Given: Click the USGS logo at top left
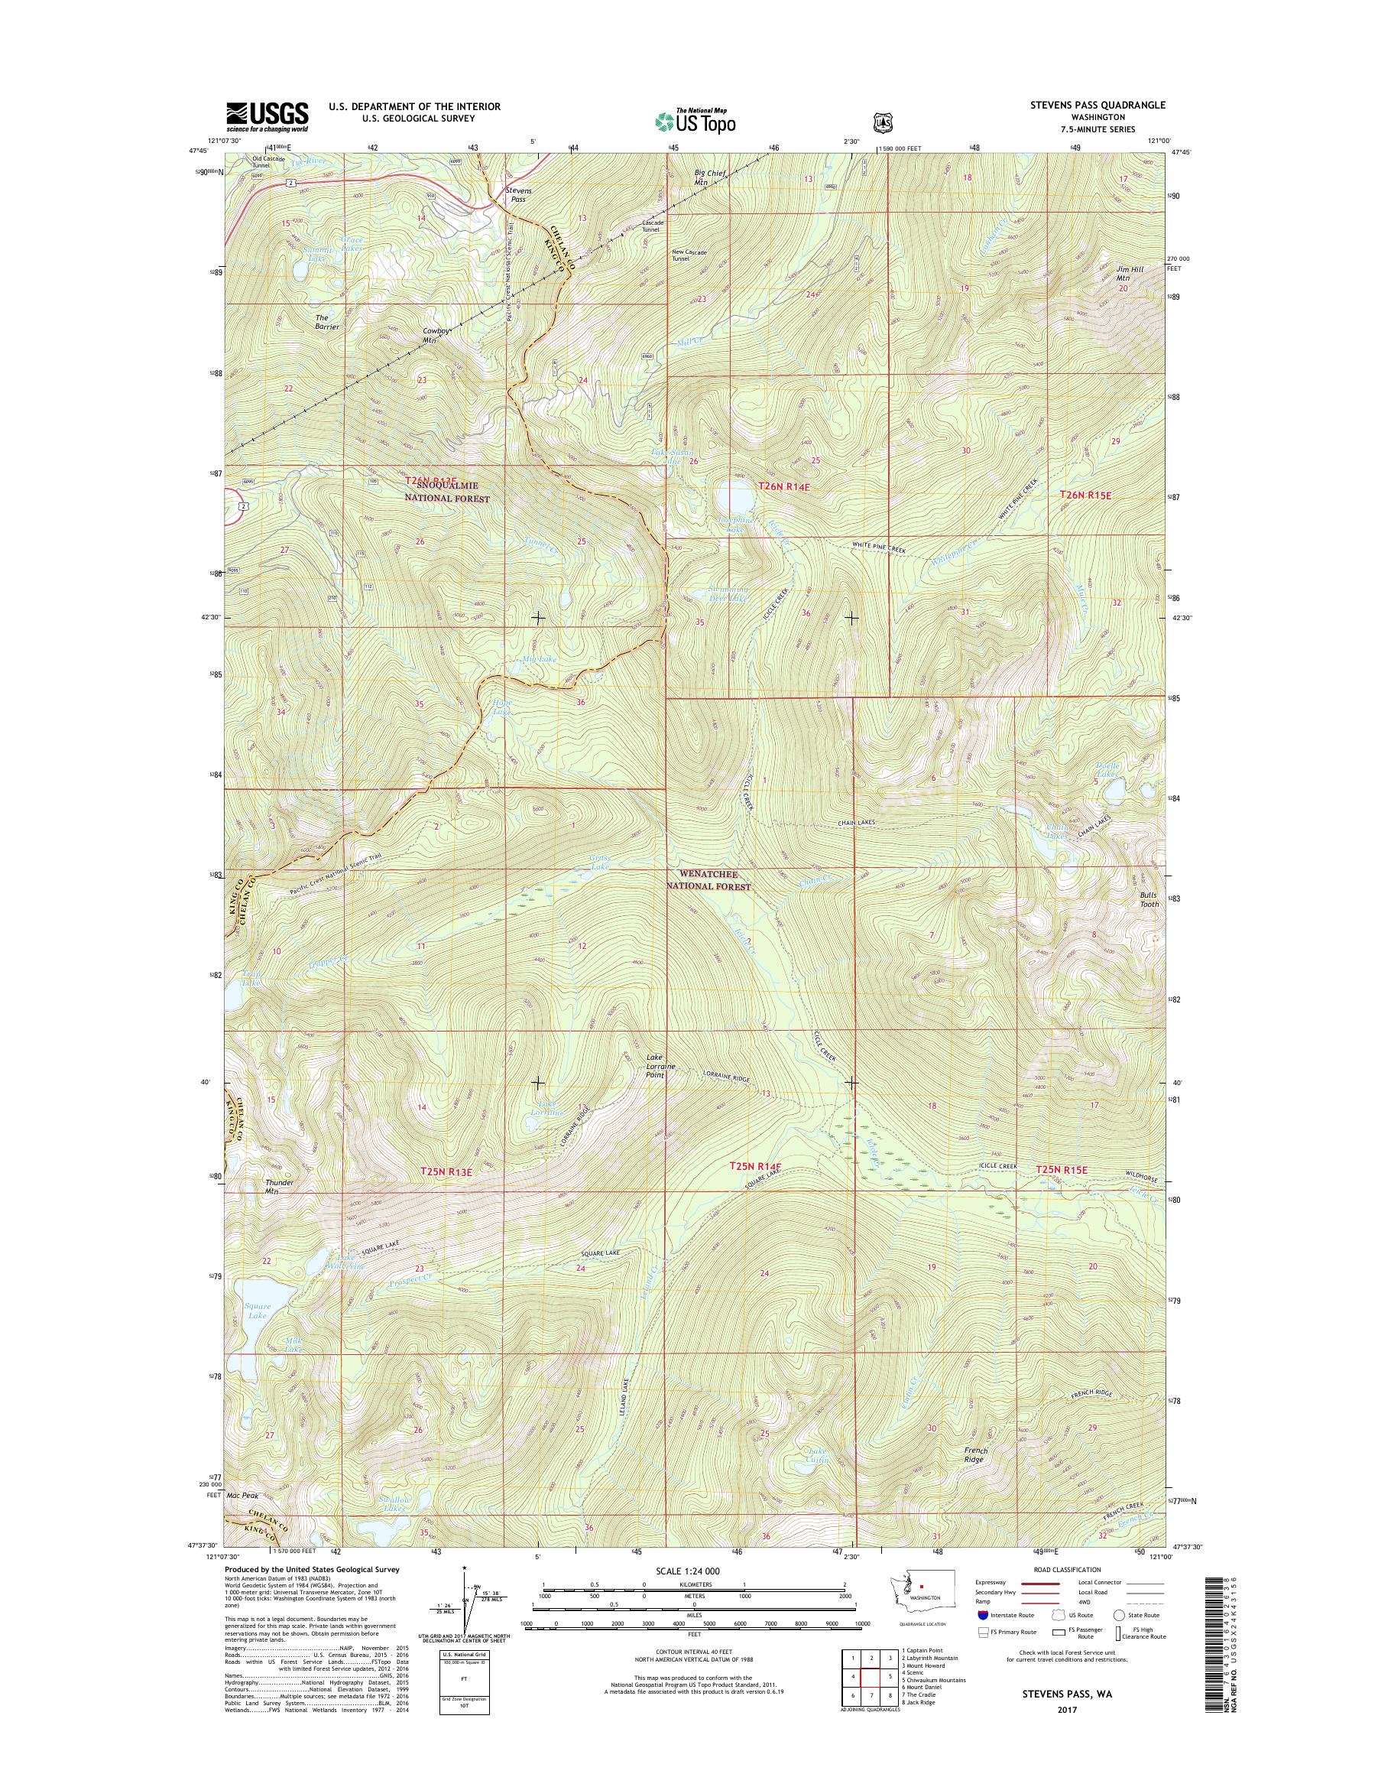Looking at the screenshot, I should point(267,116).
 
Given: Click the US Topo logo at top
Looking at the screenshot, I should point(695,122).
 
